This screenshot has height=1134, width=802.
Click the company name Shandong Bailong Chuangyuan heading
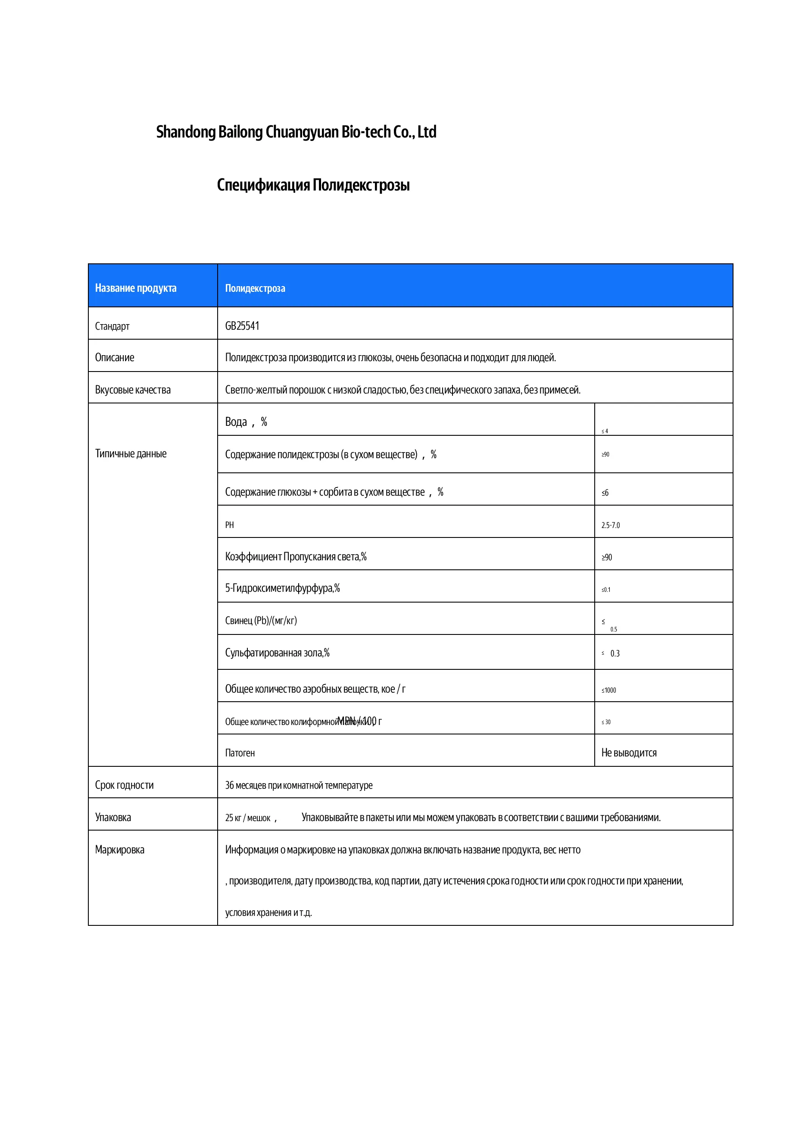[x=296, y=132]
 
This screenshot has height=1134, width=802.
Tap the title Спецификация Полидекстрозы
[x=313, y=185]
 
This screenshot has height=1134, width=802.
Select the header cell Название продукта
[x=135, y=288]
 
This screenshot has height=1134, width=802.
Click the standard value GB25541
[x=242, y=326]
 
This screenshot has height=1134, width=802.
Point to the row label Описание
[x=115, y=358]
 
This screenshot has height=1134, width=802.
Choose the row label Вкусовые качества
[x=133, y=390]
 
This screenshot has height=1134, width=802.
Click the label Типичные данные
[x=131, y=453]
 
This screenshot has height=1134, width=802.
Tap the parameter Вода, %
[x=246, y=422]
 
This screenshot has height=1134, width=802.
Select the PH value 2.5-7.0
[x=610, y=525]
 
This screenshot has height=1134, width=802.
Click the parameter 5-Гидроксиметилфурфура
[x=282, y=588]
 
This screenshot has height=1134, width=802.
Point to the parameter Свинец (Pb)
[x=261, y=620]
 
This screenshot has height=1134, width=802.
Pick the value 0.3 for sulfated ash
[x=615, y=653]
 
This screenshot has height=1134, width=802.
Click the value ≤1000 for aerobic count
[x=609, y=690]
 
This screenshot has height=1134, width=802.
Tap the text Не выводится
[x=629, y=753]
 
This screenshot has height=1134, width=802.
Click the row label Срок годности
[x=125, y=785]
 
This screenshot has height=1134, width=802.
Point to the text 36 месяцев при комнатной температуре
[x=299, y=785]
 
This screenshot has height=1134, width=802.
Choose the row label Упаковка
[x=113, y=817]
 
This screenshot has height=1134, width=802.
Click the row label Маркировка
[x=119, y=850]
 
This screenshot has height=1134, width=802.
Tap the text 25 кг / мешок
[x=248, y=818]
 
